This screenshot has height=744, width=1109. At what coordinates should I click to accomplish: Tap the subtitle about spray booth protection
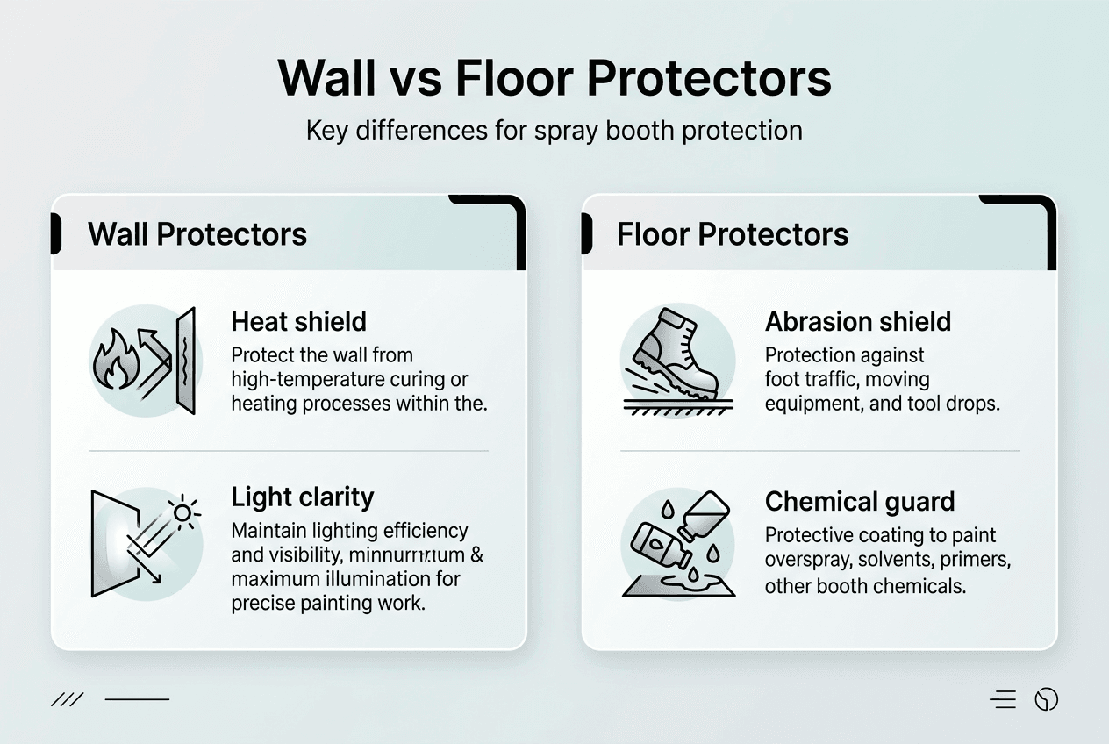pos(554,131)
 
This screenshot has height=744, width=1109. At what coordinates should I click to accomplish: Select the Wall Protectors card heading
pos(197,234)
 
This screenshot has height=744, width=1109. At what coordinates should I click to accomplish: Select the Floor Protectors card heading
pos(733,234)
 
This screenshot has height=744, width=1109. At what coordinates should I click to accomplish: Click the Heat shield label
pos(298,321)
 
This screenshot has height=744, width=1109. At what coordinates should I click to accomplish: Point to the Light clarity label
pos(303,497)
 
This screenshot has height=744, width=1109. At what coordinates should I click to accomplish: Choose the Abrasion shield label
pos(857,321)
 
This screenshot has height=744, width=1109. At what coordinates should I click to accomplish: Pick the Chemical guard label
pos(860,502)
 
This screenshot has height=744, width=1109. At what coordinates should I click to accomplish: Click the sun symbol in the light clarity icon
pos(184,511)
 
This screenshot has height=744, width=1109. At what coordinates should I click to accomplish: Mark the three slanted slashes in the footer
pos(68,699)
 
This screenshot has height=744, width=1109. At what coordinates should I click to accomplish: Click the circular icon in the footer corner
pos(1046,699)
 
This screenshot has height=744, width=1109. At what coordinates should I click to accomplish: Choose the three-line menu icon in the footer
pos(1003,699)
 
